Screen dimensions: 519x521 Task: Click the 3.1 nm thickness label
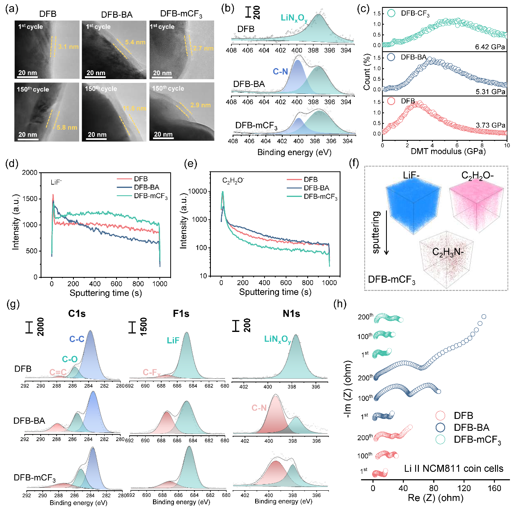point(68,47)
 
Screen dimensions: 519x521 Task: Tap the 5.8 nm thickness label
point(67,128)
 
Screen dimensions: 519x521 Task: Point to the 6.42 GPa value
point(490,47)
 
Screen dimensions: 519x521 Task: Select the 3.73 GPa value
point(490,125)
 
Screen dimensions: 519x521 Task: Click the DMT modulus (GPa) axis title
point(448,151)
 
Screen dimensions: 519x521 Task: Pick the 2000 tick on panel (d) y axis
point(30,173)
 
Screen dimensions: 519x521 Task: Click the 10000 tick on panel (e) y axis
point(197,191)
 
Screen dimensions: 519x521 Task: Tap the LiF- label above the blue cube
point(411,176)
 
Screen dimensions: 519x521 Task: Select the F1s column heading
point(181,314)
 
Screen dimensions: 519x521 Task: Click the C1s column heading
point(77,314)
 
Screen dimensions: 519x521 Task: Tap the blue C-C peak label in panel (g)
point(77,339)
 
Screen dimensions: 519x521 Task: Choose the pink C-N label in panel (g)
point(259,408)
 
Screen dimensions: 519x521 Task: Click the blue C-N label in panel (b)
point(280,72)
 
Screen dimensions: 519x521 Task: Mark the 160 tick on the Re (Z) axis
point(494,488)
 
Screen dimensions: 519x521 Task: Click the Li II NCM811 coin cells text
point(454,469)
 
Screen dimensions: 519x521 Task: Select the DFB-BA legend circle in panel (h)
point(440,428)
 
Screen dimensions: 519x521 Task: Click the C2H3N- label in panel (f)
point(448,252)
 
